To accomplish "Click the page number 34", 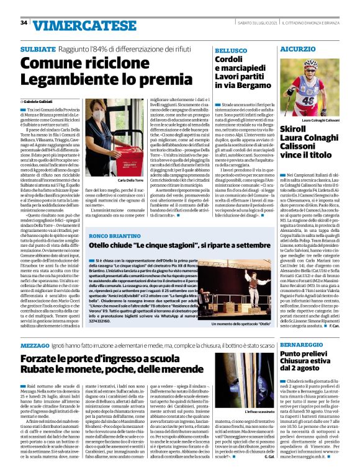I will coord(24,23).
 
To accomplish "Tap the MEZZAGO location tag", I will coord(35,344).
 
